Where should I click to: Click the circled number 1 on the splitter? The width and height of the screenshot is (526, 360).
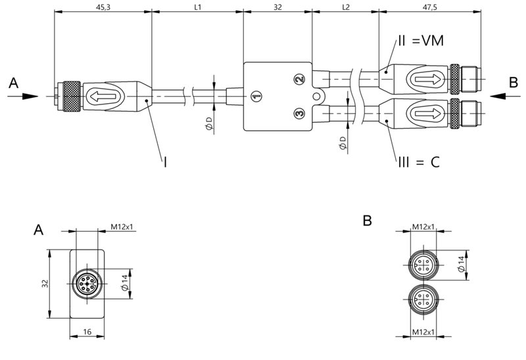pyautogui.click(x=256, y=97)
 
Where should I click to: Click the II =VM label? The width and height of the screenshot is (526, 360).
pyautogui.click(x=421, y=41)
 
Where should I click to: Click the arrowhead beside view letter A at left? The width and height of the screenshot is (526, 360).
pyautogui.click(x=30, y=97)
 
